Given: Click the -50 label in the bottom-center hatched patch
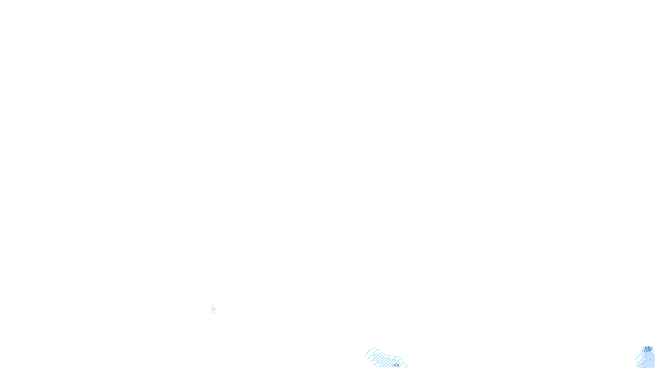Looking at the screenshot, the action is coord(396,365).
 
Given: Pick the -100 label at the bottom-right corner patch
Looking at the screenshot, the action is coord(647,349).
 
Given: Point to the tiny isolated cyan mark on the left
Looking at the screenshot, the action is coord(213,308).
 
